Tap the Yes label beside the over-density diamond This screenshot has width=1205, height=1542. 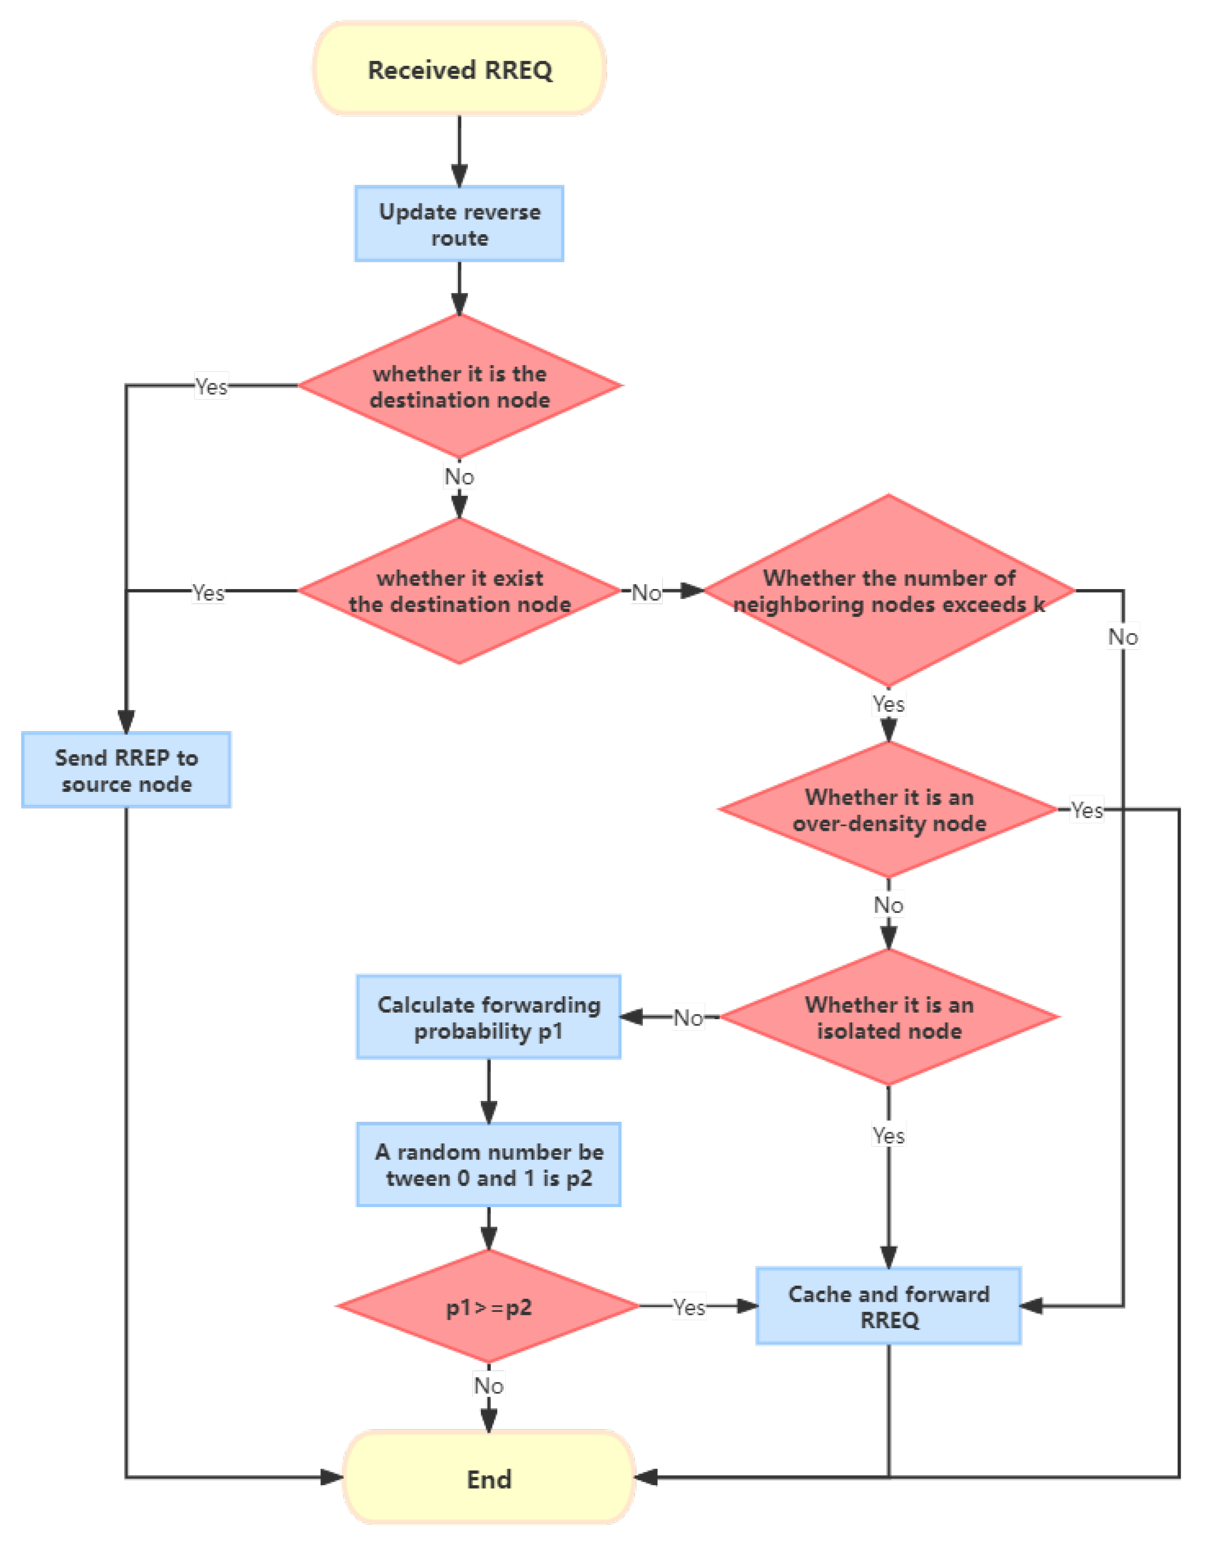click(1086, 810)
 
